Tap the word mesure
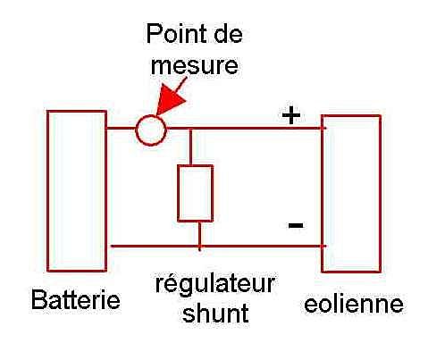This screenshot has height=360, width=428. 195,65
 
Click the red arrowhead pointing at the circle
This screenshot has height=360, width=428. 170,100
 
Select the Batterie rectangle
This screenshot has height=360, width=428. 47,190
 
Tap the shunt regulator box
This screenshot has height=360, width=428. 178,194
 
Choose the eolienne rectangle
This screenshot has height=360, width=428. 322,194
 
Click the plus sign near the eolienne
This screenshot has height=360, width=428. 291,115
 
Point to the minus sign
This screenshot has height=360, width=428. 296,225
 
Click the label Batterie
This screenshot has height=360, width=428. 76,300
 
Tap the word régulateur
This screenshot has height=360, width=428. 215,284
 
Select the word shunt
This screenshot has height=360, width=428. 215,313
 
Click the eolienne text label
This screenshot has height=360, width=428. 354,304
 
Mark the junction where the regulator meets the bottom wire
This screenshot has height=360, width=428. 199,247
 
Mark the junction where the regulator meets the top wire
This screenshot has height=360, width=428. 190,129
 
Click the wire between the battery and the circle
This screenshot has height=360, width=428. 122,129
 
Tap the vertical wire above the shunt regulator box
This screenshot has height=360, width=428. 190,147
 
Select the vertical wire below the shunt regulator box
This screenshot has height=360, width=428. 199,234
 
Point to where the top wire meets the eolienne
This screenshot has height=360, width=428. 322,129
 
